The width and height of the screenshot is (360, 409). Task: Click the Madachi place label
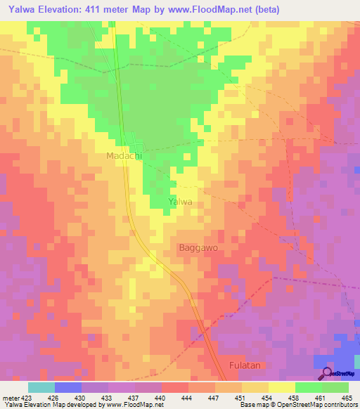(x=124, y=156)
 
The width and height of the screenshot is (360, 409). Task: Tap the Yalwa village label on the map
(x=181, y=202)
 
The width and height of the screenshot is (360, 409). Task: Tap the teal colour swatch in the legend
(x=41, y=387)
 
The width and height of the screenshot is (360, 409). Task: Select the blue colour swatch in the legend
(x=68, y=387)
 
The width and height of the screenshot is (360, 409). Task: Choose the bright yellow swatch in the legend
(x=282, y=387)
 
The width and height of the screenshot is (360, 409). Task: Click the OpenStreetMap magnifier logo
(x=326, y=373)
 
